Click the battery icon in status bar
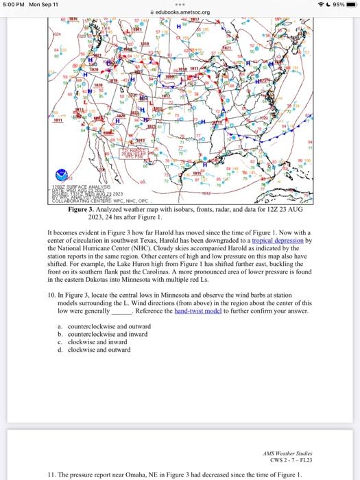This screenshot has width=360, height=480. tap(349, 4)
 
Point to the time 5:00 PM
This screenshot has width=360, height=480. tap(12, 4)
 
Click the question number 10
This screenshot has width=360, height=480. tap(51, 294)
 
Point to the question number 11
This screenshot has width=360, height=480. tap(51, 474)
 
